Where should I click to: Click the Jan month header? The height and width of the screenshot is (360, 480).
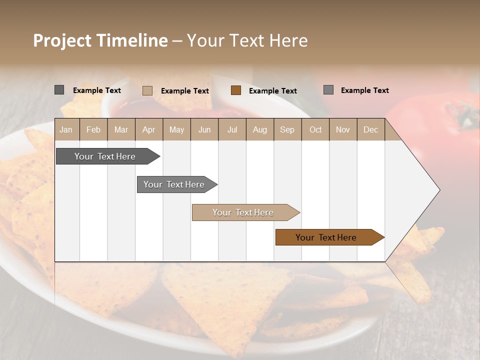[66, 129]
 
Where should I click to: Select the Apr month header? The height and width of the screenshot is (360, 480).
[149, 129]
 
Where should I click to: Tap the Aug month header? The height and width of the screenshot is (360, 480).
[260, 129]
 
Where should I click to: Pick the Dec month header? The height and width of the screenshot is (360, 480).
[370, 129]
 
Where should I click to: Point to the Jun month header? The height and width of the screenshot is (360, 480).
[204, 129]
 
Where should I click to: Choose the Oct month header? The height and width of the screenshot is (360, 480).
[315, 129]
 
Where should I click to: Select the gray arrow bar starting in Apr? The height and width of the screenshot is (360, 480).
[175, 184]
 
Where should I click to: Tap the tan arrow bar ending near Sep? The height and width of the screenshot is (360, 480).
[244, 212]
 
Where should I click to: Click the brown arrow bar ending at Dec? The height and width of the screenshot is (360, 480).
[327, 237]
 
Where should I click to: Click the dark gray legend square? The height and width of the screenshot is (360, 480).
[59, 90]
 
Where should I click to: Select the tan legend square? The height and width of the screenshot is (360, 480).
[147, 90]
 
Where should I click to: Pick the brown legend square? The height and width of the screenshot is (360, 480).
[236, 90]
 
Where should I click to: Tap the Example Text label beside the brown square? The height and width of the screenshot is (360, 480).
[272, 90]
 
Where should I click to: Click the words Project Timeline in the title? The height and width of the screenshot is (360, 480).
[100, 40]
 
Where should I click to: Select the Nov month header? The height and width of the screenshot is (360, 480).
[343, 129]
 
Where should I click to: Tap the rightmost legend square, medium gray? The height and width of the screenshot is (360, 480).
[328, 89]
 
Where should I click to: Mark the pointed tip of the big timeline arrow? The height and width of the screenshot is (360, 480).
[439, 189]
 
